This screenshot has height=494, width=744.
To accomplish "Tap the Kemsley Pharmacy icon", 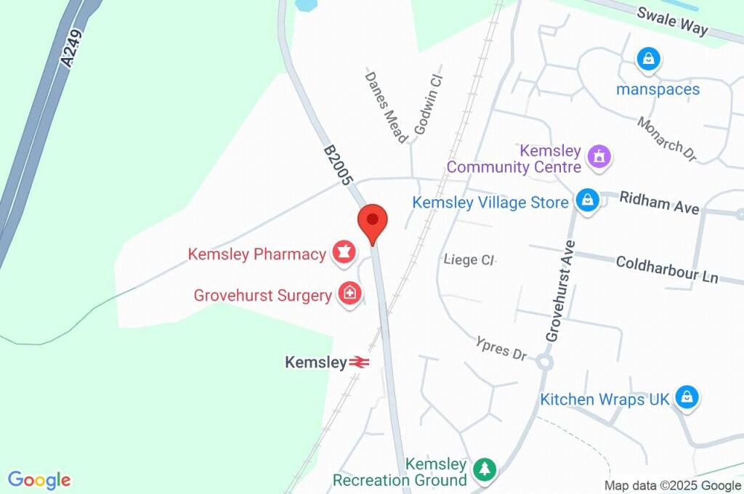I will [342, 253].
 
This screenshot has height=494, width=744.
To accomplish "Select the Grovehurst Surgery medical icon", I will [349, 293].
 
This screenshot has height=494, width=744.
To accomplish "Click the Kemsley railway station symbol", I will [360, 361].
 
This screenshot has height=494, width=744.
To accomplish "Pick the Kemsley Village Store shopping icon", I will [587, 200].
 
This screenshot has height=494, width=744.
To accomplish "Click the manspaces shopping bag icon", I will [647, 59].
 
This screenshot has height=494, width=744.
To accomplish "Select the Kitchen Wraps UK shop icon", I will [686, 397].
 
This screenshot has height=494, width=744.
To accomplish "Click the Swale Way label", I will [672, 20].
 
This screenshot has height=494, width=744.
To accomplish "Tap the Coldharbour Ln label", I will [666, 268].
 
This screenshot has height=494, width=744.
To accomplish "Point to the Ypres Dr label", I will [501, 349].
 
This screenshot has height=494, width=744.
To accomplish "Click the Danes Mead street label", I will [386, 107].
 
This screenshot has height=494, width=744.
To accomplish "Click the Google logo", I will [39, 479].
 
